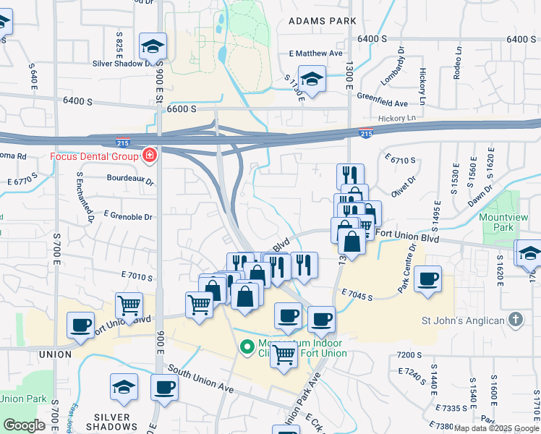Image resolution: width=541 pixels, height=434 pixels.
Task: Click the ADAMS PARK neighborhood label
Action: (x=322, y=22)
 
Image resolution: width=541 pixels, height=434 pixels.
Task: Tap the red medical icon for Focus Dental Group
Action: (x=149, y=155)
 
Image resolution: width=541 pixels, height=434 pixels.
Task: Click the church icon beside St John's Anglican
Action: (x=515, y=319)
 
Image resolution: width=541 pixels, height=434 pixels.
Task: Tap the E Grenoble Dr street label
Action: (x=128, y=216)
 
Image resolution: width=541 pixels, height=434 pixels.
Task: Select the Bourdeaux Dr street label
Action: (x=130, y=178)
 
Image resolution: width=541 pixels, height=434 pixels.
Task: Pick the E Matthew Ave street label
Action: (x=315, y=54)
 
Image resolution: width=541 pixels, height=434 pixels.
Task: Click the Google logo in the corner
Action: (x=24, y=425)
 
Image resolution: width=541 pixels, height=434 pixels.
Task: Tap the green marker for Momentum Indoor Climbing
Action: (x=247, y=348)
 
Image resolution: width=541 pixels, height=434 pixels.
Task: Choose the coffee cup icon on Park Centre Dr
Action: (x=427, y=278)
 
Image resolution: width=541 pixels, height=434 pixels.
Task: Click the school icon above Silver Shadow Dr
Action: (x=153, y=46)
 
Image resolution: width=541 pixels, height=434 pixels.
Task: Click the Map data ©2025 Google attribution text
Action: (x=495, y=428)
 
